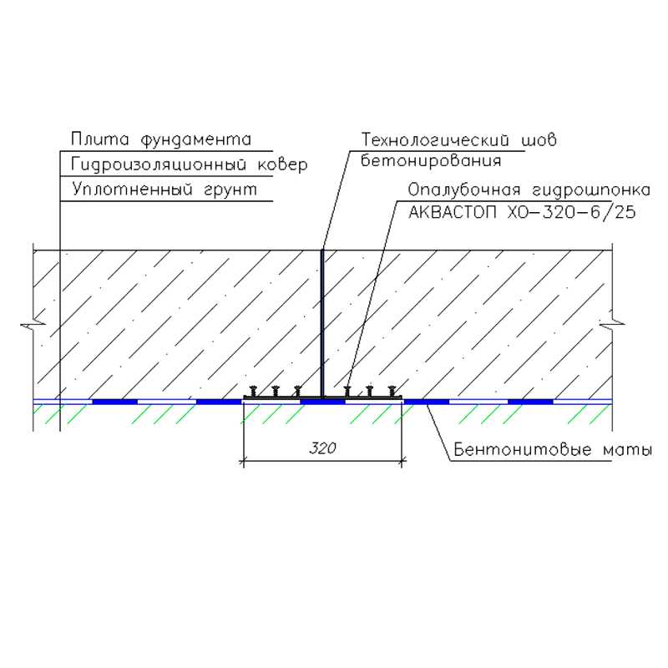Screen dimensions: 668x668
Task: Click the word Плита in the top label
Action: click(x=99, y=139)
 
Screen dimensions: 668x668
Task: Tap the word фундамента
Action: click(x=196, y=140)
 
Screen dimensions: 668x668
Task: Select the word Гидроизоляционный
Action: click(x=159, y=165)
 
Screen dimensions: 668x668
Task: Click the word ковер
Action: click(x=283, y=165)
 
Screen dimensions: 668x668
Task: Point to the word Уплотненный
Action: click(x=133, y=190)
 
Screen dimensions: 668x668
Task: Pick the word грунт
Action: click(x=230, y=190)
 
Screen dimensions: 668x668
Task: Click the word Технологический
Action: click(x=435, y=139)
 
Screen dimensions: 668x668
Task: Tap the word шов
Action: click(x=539, y=140)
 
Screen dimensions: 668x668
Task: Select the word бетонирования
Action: click(x=431, y=160)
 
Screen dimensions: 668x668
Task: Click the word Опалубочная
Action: click(x=464, y=190)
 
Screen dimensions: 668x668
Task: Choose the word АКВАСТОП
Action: click(x=453, y=212)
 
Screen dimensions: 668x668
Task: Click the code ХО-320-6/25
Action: click(x=572, y=212)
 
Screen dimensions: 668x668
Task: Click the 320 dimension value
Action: click(x=322, y=448)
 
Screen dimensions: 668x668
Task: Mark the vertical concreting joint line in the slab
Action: click(x=322, y=323)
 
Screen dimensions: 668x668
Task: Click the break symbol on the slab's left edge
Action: click(x=33, y=325)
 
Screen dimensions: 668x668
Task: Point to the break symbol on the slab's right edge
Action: click(x=612, y=324)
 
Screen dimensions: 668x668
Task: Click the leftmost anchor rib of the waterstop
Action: click(x=253, y=391)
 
